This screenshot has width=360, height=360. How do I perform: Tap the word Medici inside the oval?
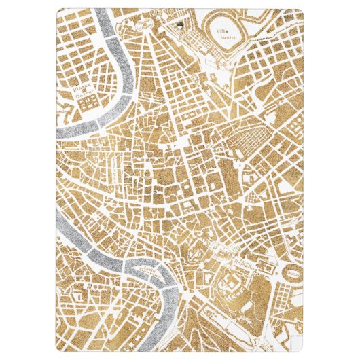pos(221,39)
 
